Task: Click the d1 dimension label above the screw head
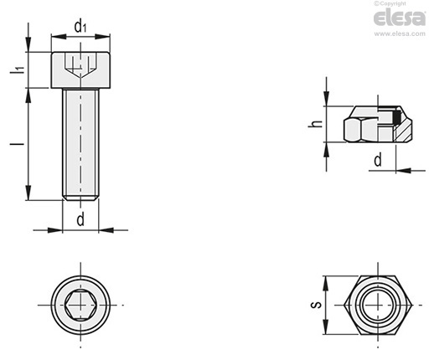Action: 80,26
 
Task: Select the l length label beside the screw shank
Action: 18,144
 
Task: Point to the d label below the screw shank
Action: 80,219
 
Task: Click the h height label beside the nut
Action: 315,124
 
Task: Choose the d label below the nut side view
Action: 378,160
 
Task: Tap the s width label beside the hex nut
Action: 316,305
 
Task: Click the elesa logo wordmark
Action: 400,18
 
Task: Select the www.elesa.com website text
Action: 400,33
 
